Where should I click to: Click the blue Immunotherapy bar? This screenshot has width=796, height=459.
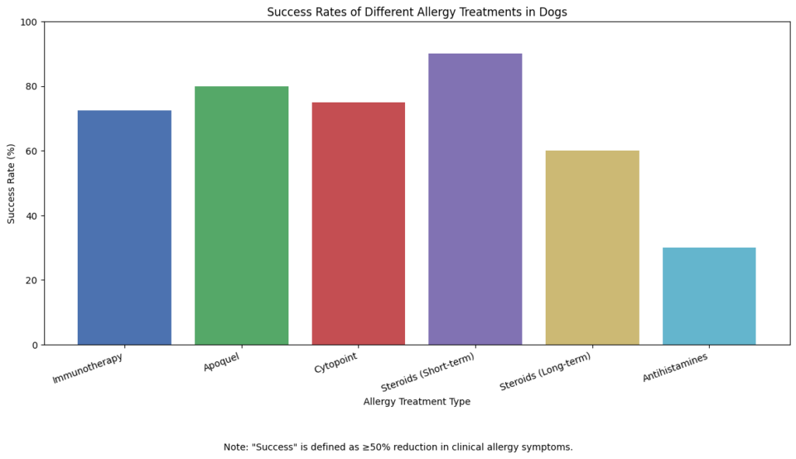tap(124, 228)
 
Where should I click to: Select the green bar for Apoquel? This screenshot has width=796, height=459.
tap(241, 215)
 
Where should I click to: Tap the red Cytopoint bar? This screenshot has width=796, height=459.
tap(358, 224)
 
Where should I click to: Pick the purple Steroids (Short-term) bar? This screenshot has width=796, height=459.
tap(475, 199)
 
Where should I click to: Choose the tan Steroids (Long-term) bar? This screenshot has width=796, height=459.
tap(592, 248)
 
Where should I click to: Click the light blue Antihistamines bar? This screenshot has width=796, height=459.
tap(709, 296)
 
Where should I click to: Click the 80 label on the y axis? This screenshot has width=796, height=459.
tap(31, 86)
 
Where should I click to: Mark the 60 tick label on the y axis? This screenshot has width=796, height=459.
tap(31, 151)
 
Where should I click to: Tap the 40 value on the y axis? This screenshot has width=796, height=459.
tap(31, 216)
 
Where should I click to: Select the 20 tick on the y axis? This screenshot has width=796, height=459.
tap(31, 280)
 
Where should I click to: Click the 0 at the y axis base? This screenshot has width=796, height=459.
tap(34, 345)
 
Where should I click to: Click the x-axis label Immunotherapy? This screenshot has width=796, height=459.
tap(88, 368)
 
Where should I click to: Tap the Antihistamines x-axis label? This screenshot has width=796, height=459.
tap(676, 366)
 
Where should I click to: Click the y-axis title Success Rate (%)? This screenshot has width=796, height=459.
tap(12, 183)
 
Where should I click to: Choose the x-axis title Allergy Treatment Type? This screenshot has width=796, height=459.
tap(417, 402)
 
